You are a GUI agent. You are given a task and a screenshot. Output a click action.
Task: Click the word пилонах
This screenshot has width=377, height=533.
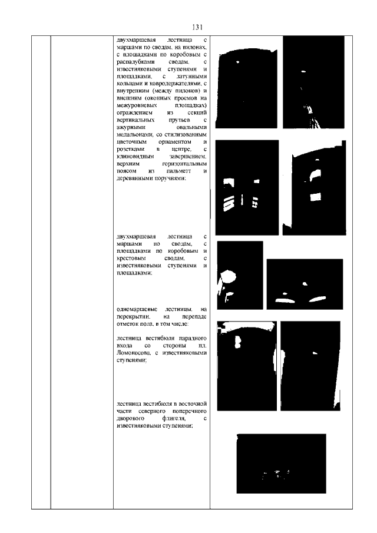(194, 47)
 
